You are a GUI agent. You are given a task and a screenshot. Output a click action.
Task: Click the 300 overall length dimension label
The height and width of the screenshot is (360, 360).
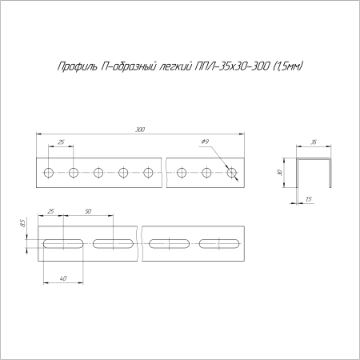pos(140,130)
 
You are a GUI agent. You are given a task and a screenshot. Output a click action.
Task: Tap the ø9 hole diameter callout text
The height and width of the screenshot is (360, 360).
pos(205,142)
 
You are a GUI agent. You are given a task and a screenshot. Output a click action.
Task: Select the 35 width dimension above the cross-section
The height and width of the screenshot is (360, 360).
pos(314,142)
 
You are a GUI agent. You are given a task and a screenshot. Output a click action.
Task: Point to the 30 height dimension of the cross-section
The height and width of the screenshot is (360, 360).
pos(279,173)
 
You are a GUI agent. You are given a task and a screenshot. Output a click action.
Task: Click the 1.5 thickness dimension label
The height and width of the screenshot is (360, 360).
pos(309,199)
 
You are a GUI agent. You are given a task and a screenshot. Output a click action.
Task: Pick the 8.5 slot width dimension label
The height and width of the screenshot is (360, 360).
pos(22,223)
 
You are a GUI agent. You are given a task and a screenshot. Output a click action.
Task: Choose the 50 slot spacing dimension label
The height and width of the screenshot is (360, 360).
pos(88,211)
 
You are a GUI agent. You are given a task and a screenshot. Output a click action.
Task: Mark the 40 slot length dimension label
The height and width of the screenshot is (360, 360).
pos(63,278)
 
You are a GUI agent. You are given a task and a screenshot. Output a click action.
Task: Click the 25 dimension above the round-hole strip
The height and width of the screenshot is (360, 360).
pos(61,142)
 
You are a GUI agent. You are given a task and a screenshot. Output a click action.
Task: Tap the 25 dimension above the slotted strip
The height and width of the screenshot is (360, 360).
pos(50,211)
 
